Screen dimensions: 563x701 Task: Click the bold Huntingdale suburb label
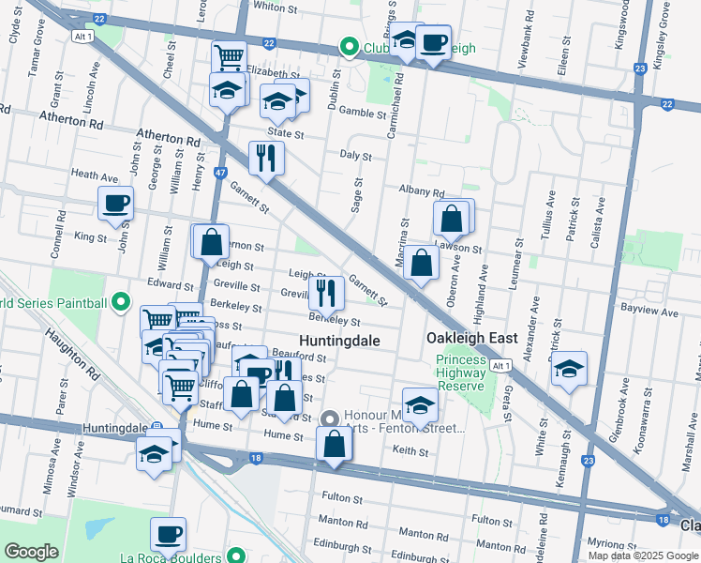339,341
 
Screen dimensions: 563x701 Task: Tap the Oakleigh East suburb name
469,338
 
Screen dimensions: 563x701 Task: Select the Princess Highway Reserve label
459,373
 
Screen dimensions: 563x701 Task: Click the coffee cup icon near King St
116,204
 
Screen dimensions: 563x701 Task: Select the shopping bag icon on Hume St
334,445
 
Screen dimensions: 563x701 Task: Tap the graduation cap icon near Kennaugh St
568,370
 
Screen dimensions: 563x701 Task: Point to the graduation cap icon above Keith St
421,405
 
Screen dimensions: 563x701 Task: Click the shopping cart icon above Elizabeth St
229,57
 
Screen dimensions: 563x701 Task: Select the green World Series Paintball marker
120,303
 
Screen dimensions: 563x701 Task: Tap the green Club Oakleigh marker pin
350,47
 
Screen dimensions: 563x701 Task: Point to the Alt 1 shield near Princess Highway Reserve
501,365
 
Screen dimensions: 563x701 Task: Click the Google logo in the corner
31,552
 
